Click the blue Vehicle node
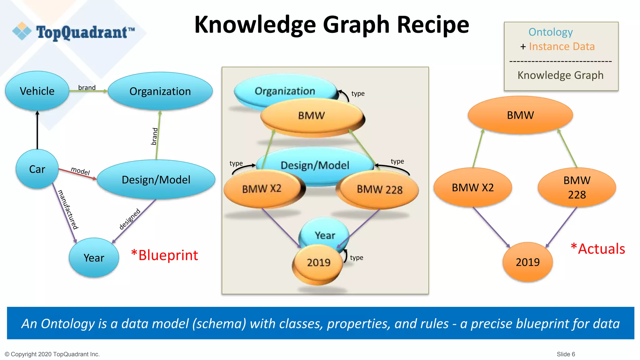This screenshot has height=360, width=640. click(x=37, y=91)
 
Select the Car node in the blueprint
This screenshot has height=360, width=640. click(x=37, y=169)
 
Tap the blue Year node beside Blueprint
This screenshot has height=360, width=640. click(x=94, y=258)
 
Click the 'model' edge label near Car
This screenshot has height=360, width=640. click(x=80, y=171)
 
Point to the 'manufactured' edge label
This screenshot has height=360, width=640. click(x=68, y=210)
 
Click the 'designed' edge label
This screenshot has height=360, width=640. click(x=130, y=219)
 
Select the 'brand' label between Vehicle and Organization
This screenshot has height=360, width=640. click(x=87, y=87)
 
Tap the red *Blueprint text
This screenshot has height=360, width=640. click(x=164, y=255)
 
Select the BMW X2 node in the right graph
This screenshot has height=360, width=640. click(x=472, y=187)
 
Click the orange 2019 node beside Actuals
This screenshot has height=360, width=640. click(x=527, y=262)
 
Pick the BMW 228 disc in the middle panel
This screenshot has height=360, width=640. click(x=379, y=190)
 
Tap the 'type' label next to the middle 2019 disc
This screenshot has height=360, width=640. click(x=357, y=257)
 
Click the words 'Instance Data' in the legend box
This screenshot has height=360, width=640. click(x=562, y=47)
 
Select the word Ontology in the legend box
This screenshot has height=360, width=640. click(x=550, y=32)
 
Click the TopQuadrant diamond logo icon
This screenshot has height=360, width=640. click(x=22, y=31)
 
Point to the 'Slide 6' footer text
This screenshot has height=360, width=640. click(x=566, y=354)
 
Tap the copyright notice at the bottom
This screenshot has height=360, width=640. click(x=52, y=354)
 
